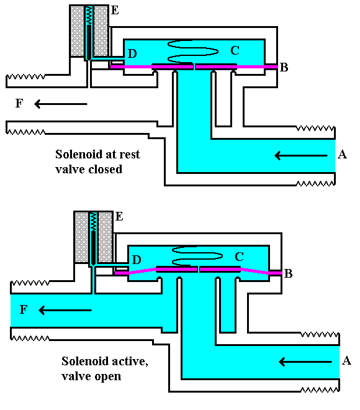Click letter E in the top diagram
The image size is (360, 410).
115,10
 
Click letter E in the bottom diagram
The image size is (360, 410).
119,216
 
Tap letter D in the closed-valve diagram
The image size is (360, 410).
132,54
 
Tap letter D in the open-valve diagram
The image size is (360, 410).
136,258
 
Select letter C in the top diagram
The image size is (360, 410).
235,50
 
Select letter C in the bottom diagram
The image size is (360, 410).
238,256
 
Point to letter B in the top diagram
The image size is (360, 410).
284,67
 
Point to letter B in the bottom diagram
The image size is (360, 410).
289,273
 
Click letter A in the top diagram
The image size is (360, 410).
341,155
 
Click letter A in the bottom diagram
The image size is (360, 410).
346,361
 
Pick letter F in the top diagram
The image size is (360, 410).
19,104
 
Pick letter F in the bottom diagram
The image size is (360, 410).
24,309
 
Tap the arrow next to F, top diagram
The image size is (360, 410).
61,104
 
